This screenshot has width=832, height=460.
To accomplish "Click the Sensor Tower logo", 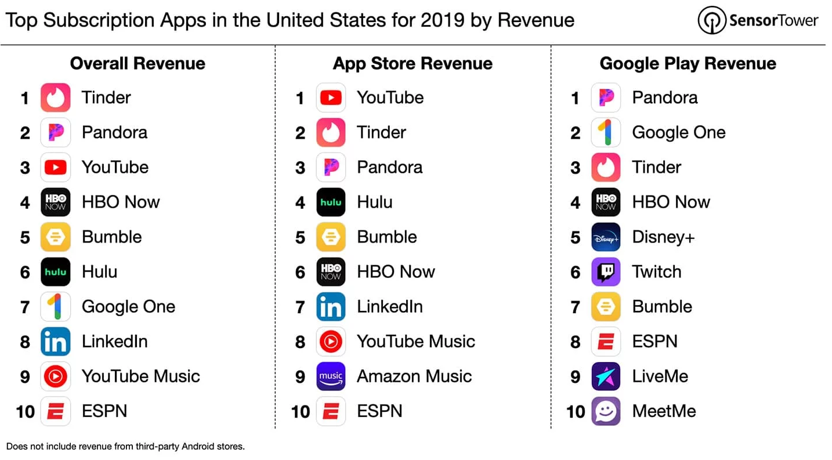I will [x=758, y=21].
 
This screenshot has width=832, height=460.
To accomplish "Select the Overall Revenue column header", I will [x=138, y=63].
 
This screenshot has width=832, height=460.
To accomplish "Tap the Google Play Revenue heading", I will [x=688, y=63].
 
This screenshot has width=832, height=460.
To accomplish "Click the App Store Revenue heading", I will [x=413, y=63].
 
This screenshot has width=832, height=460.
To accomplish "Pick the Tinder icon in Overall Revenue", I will [x=56, y=97].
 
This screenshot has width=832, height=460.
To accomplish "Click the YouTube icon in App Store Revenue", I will [x=331, y=97].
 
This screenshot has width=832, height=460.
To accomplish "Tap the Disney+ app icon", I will [x=606, y=237].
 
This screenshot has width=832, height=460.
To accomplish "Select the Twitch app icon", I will [x=606, y=271].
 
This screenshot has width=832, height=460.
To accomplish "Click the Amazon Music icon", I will [x=331, y=376].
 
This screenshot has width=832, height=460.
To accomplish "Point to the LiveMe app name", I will [x=660, y=376].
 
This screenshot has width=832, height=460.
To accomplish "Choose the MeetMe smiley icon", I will [x=606, y=411].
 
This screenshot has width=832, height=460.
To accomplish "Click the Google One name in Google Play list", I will [x=678, y=132].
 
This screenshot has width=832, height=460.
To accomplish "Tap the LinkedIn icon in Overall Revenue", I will [x=56, y=341].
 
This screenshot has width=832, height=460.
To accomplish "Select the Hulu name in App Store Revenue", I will [x=374, y=202].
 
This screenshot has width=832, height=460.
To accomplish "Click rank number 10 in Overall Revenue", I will [x=26, y=411].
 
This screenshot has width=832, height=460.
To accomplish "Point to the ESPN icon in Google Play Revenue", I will [x=606, y=341].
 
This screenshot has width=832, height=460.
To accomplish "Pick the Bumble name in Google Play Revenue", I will [x=662, y=306].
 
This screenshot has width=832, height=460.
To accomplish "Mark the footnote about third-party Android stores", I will [x=125, y=446].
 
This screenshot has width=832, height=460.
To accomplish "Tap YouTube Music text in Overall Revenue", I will [x=140, y=376].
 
